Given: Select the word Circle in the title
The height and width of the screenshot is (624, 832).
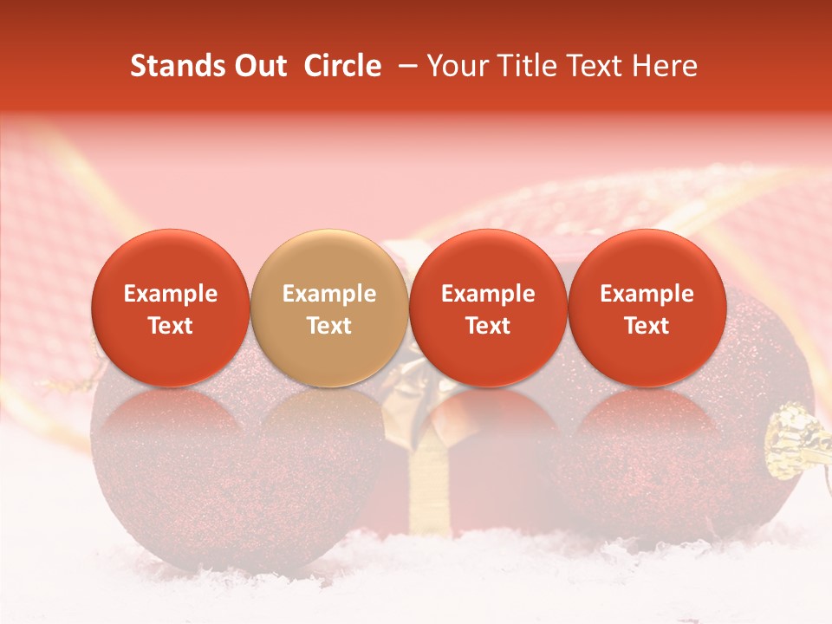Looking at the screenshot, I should (x=342, y=66).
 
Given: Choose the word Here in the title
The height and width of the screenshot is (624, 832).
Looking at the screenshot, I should (x=667, y=66).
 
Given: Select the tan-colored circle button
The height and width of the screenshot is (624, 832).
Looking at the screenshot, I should (x=329, y=308).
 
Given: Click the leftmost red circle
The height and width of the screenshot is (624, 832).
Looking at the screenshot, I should (x=171, y=308).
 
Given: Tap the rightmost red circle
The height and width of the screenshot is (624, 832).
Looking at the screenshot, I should (x=647, y=308).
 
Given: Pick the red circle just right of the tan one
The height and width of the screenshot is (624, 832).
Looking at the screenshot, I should (x=488, y=308).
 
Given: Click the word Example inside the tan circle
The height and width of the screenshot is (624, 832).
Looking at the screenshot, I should (x=329, y=294).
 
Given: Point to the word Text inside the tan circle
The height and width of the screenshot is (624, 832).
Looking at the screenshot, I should (x=329, y=326).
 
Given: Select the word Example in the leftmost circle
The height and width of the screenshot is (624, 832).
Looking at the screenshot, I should (x=171, y=294).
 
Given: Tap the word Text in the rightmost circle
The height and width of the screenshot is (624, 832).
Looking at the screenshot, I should (x=647, y=326).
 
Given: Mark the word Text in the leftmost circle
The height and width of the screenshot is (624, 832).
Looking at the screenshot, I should (x=171, y=326).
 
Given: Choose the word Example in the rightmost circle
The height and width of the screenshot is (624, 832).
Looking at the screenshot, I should (x=647, y=294).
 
